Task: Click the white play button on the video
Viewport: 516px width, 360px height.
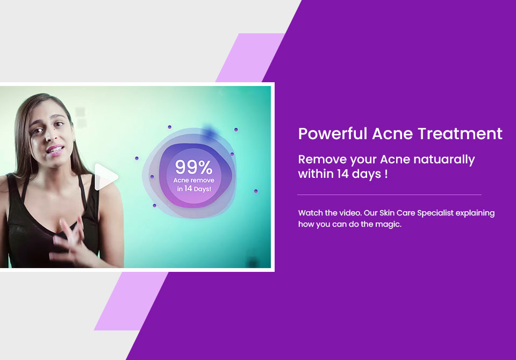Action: pos(105,177)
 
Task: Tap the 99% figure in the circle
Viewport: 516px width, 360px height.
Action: pos(193,167)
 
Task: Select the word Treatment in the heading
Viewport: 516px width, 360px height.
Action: pos(460,134)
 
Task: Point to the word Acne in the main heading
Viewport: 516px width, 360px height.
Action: pos(392,134)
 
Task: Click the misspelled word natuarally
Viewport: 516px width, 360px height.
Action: pos(444,160)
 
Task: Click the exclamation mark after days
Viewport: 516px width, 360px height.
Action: pos(386,174)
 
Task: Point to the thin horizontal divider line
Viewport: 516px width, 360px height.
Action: pos(389,195)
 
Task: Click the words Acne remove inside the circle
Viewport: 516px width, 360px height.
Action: pos(193,181)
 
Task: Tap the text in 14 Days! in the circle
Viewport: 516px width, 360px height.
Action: pos(194,189)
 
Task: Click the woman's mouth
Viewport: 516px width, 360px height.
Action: pos(55,150)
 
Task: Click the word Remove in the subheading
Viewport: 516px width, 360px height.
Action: pos(322,160)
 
